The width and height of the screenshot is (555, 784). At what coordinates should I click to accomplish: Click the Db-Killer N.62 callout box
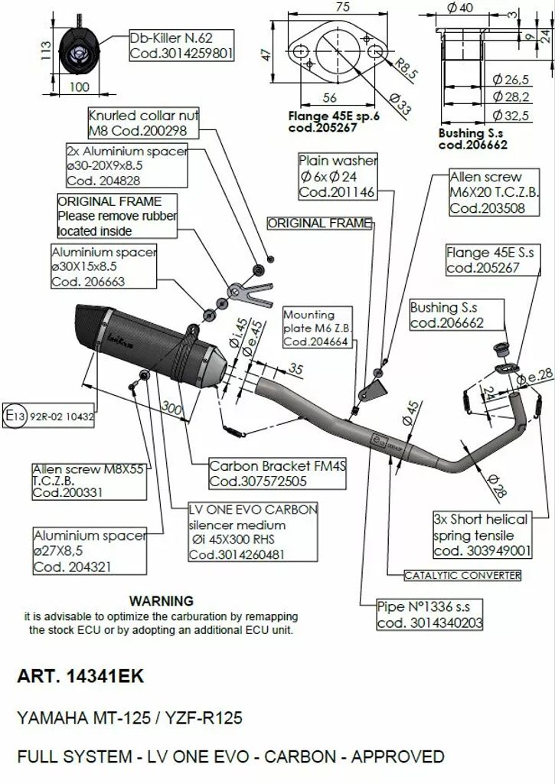[181, 45]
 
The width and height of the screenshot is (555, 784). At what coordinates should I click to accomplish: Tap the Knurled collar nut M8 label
[143, 122]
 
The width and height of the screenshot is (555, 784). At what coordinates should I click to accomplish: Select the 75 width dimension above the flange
[342, 8]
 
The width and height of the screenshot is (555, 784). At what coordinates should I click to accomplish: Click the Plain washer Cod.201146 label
[337, 176]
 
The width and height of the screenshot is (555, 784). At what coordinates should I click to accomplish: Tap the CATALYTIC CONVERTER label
[462, 575]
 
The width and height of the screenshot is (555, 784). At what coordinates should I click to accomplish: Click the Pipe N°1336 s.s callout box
[429, 615]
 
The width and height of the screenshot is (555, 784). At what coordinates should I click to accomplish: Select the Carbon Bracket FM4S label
[258, 473]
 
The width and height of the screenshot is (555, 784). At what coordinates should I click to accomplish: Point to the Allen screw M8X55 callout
[88, 481]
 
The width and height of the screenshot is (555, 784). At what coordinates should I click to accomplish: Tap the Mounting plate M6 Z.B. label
[315, 328]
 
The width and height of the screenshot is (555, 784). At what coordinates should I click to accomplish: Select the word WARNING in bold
[161, 601]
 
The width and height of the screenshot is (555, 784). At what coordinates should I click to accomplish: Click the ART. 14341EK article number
[80, 678]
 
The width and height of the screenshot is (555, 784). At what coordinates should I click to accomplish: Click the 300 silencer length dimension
[172, 408]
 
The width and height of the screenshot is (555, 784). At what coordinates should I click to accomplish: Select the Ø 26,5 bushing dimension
[510, 79]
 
